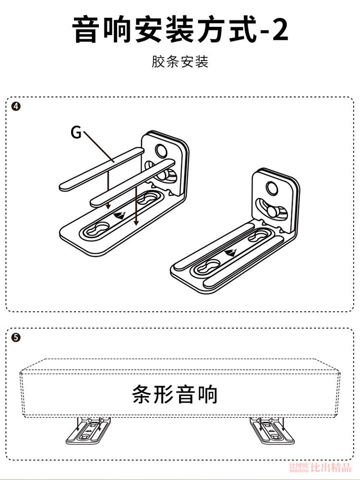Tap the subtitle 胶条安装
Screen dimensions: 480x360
coord(180,62)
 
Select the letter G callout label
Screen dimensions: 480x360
coord(76,132)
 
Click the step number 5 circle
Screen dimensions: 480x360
coord(15,338)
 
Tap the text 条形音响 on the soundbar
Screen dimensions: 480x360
coord(175,394)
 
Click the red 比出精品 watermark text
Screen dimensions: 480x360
coord(331,468)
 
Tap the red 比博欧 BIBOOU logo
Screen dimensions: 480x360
coord(300,468)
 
